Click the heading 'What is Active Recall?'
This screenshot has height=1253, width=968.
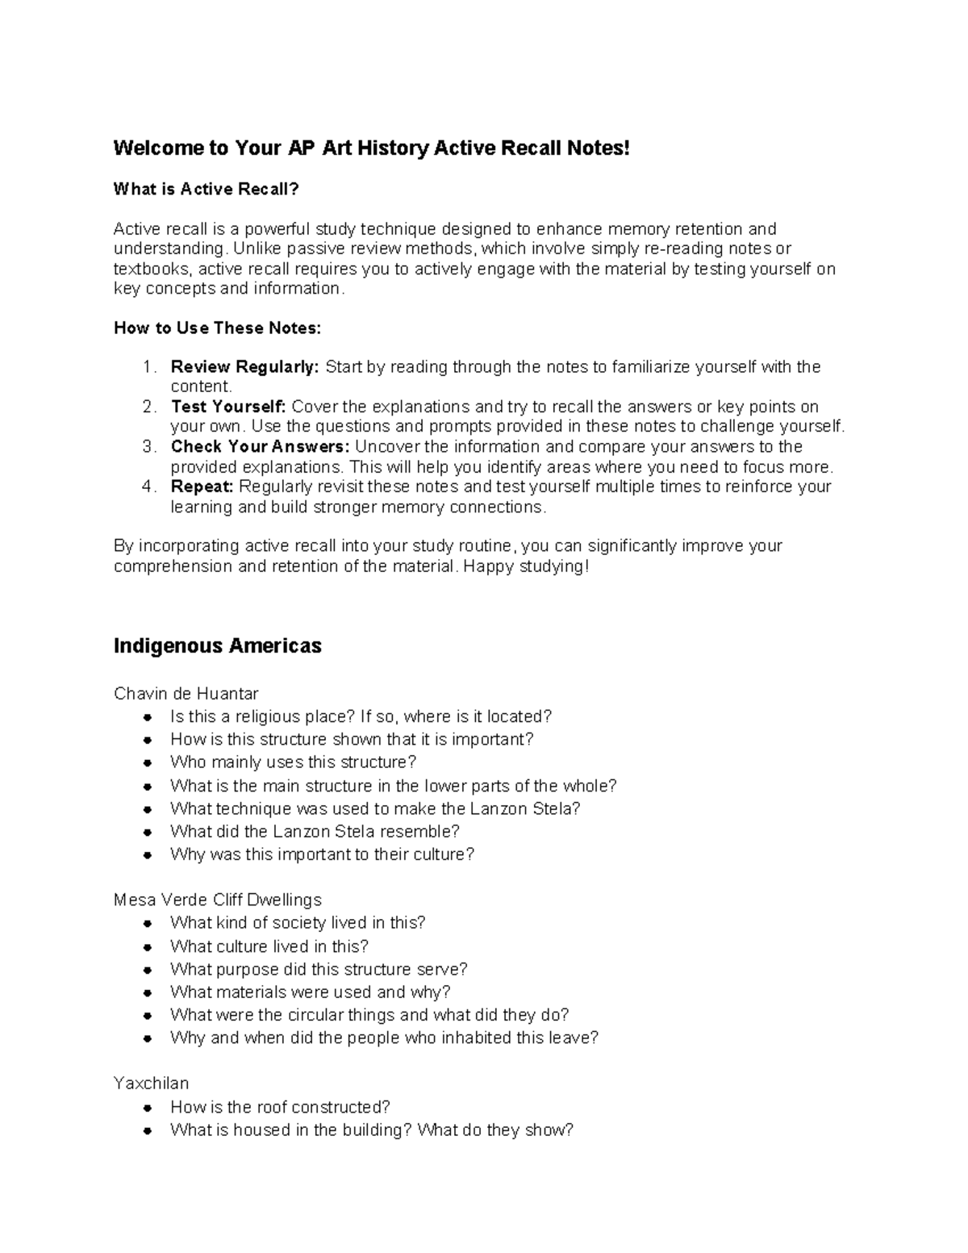206,190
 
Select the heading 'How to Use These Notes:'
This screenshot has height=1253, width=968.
217,328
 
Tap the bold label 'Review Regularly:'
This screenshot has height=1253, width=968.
245,367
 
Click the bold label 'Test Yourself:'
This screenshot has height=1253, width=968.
228,407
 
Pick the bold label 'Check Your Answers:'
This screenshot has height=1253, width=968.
261,447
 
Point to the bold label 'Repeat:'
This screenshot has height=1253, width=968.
202,487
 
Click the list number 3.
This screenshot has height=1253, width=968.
148,447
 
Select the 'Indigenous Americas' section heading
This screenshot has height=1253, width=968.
217,646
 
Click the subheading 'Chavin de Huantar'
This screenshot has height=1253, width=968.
186,694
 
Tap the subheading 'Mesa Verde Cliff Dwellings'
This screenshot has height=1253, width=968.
217,900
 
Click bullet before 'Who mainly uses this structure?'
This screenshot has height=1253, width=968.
147,762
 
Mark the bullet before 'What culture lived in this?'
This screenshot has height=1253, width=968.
147,946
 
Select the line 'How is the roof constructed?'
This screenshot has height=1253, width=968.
280,1107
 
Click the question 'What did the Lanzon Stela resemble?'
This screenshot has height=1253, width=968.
315,831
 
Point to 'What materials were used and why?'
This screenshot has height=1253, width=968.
310,992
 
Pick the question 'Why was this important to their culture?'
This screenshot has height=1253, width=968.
322,854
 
